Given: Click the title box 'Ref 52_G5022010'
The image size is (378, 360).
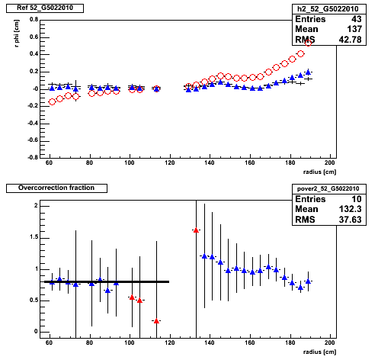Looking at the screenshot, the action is pyautogui.click(x=45, y=8).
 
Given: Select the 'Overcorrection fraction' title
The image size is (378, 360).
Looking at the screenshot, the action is pyautogui.click(x=56, y=188).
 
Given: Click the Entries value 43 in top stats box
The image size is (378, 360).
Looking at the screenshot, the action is pyautogui.click(x=356, y=19).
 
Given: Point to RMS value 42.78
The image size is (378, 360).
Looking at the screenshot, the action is pyautogui.click(x=350, y=40).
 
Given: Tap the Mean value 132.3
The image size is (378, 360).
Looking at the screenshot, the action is pyautogui.click(x=350, y=209).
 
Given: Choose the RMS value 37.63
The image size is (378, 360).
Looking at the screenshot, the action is pyautogui.click(x=350, y=220).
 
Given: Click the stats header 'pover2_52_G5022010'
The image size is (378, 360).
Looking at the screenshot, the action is pyautogui.click(x=328, y=188).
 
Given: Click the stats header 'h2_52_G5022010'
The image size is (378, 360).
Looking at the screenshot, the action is pyautogui.click(x=328, y=9).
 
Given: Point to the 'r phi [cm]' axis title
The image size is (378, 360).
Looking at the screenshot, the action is pyautogui.click(x=17, y=34).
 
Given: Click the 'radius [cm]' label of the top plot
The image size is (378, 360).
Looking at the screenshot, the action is pyautogui.click(x=319, y=172).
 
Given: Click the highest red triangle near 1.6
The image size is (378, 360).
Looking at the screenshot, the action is pyautogui.click(x=196, y=230).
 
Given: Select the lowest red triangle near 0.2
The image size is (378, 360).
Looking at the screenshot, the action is pyautogui.click(x=156, y=321).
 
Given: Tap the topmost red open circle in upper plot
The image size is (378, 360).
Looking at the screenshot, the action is pyautogui.click(x=308, y=43).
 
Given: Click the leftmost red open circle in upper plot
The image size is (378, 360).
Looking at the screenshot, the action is pyautogui.click(x=52, y=102).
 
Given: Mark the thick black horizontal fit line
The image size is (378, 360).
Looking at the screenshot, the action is pyautogui.click(x=107, y=281).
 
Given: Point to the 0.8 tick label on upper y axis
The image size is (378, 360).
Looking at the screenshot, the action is pyautogui.click(x=34, y=20).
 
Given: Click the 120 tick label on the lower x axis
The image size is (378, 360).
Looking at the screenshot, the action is pyautogui.click(x=169, y=342).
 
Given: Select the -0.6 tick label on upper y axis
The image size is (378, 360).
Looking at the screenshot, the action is pyautogui.click(x=33, y=140).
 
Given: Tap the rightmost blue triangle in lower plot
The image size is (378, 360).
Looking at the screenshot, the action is pyautogui.click(x=308, y=281).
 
